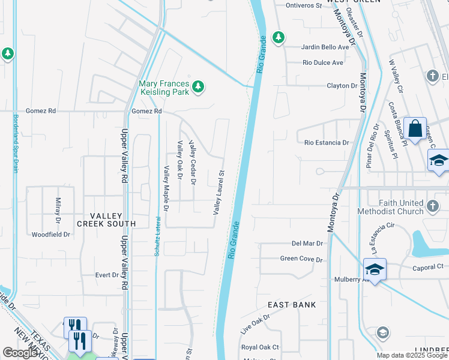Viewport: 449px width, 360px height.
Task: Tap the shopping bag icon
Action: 415,128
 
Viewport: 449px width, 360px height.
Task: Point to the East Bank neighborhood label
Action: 292,305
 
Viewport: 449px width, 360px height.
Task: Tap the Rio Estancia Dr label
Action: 327,143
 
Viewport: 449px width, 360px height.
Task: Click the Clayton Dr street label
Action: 342,86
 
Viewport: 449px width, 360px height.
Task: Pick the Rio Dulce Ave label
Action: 323,62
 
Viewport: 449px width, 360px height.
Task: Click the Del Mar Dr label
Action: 307,244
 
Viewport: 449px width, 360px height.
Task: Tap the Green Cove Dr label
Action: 301,259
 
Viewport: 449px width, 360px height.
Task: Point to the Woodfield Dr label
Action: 51,235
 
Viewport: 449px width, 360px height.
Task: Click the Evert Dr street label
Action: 107,275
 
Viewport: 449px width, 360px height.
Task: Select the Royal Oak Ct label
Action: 260,347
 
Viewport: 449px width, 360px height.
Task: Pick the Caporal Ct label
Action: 427,266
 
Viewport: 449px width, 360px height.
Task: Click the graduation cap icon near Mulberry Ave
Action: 375,269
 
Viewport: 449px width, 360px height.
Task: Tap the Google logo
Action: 21,353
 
